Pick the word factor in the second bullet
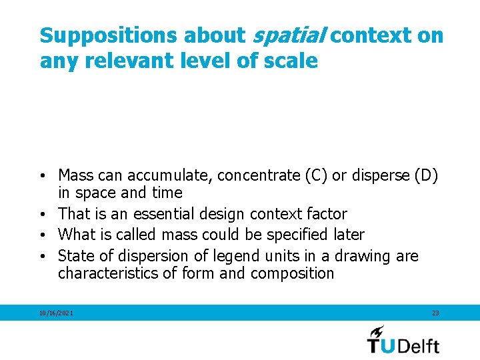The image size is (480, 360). [x=328, y=214]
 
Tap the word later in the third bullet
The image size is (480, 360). [x=349, y=235]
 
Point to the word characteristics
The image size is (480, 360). [x=105, y=273]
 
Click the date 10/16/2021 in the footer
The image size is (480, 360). [x=57, y=313]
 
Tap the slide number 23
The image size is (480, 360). [x=435, y=313]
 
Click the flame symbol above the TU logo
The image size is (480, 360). [x=377, y=331]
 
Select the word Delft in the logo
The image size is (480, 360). [x=419, y=345]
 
